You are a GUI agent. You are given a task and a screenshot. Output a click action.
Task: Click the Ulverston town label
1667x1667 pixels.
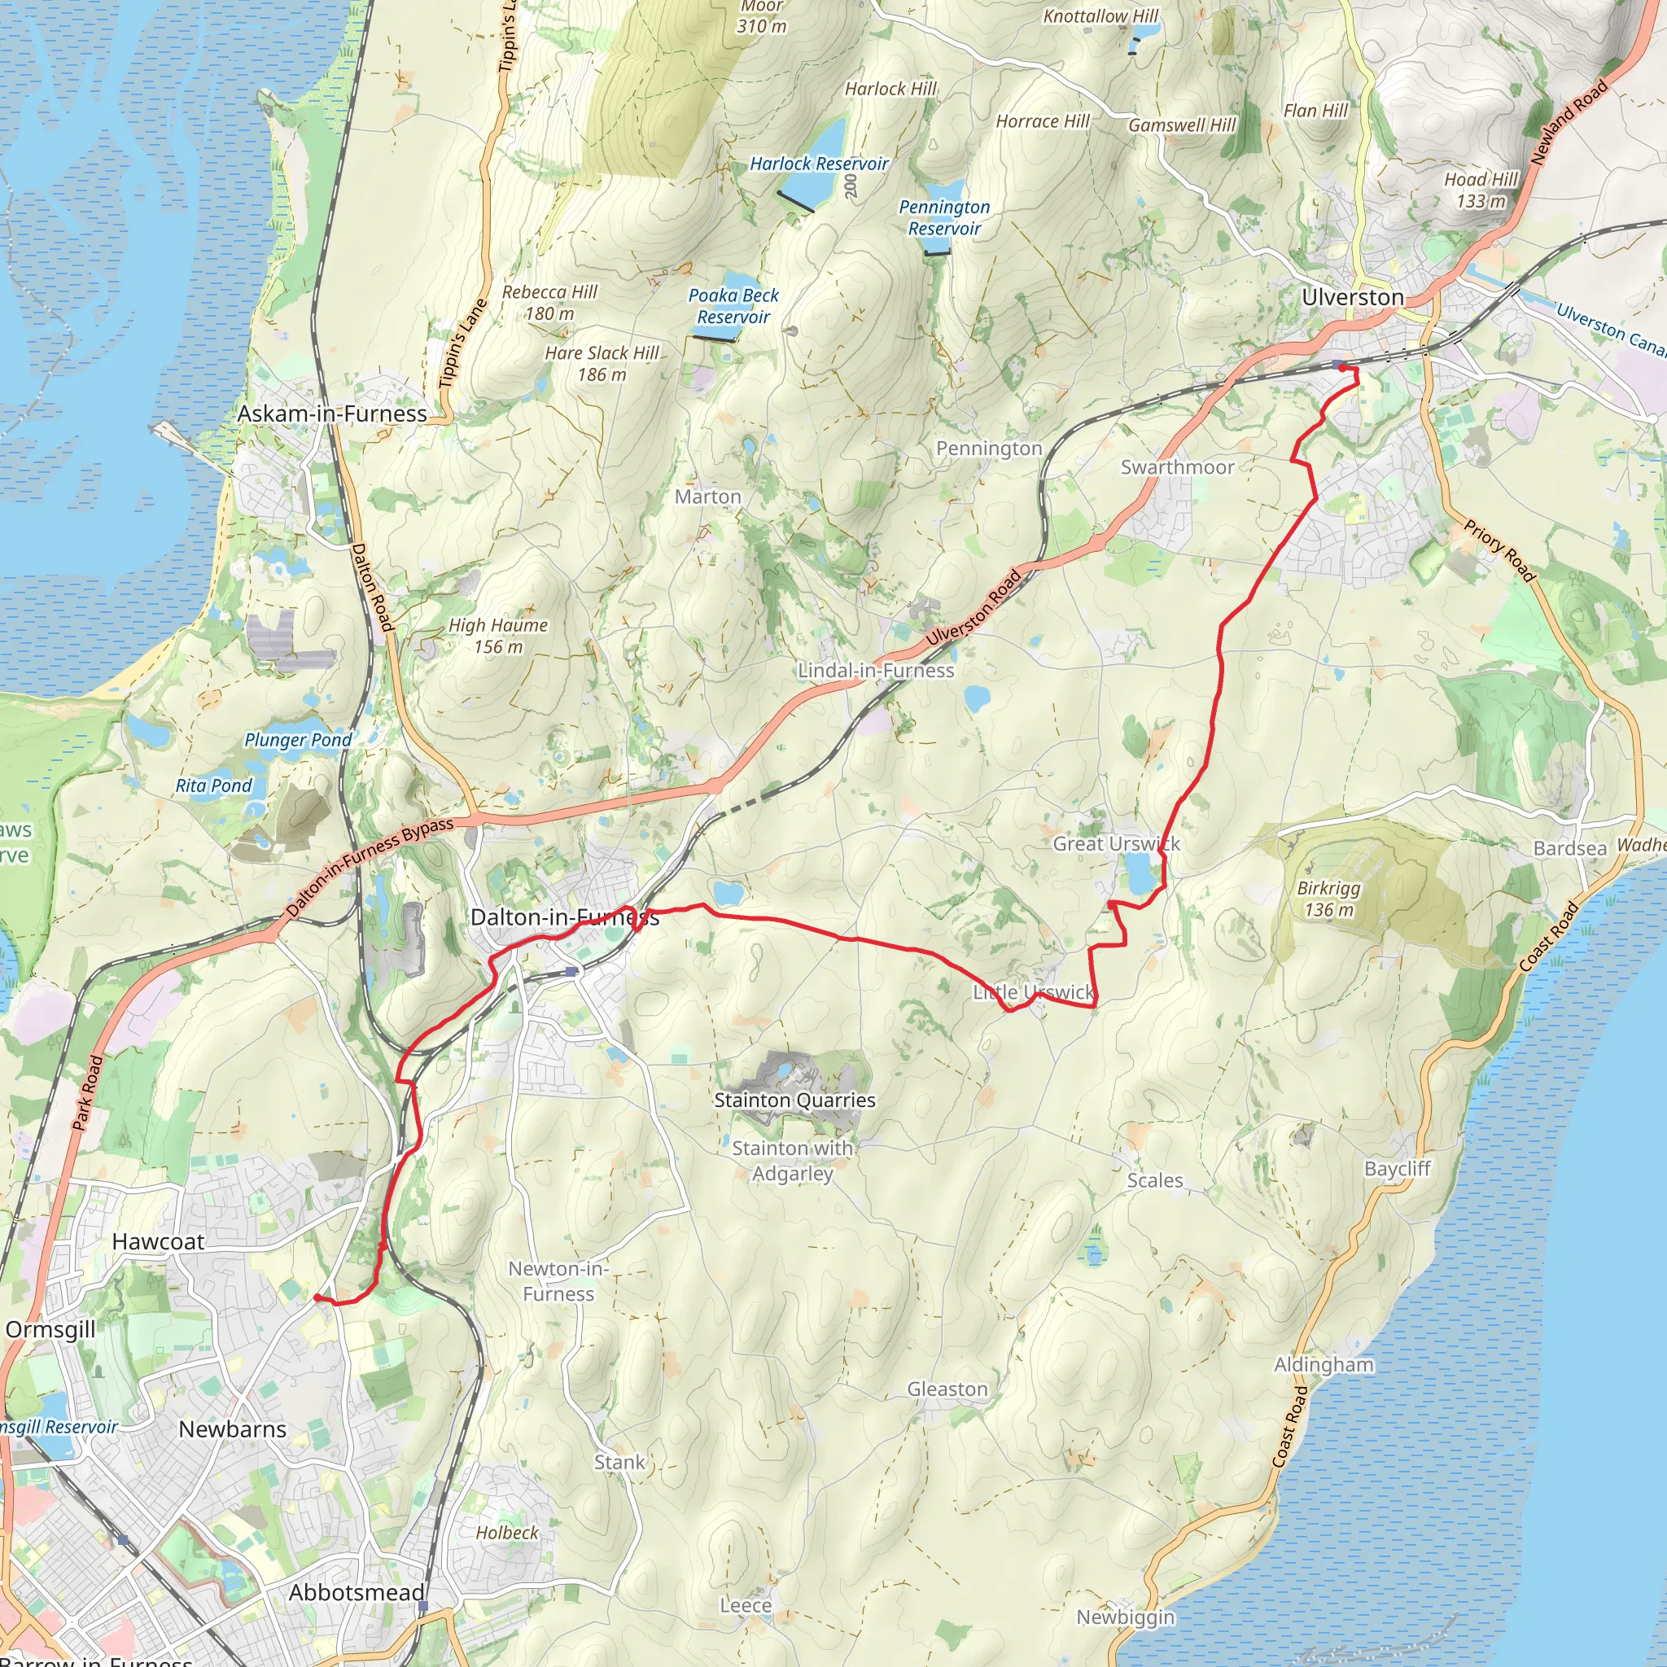pyautogui.click(x=1352, y=297)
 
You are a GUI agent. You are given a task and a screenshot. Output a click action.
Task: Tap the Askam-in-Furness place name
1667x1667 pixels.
pyautogui.click(x=332, y=414)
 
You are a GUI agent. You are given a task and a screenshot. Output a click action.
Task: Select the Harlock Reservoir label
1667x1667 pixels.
pyautogui.click(x=818, y=164)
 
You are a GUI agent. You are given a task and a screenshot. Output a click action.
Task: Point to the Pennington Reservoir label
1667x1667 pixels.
pyautogui.click(x=944, y=217)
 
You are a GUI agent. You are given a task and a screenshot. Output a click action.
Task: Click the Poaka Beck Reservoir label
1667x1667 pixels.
pyautogui.click(x=733, y=306)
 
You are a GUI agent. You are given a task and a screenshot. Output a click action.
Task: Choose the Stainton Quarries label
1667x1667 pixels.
pyautogui.click(x=794, y=1100)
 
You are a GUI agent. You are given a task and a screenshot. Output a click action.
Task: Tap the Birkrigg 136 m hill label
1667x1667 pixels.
pyautogui.click(x=1328, y=899)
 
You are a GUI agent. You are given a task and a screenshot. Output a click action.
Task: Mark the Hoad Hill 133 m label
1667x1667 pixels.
pyautogui.click(x=1481, y=190)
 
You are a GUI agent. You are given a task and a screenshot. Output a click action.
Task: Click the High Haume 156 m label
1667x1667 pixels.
pyautogui.click(x=498, y=636)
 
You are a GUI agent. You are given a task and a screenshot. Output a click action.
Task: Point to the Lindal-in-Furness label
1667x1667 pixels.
pyautogui.click(x=876, y=671)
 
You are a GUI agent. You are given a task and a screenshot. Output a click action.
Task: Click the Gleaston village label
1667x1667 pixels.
pyautogui.click(x=947, y=1389)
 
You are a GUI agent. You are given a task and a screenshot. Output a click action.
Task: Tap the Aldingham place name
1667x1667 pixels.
pyautogui.click(x=1324, y=1364)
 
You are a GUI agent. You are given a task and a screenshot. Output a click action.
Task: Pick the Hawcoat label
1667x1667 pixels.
pyautogui.click(x=158, y=1241)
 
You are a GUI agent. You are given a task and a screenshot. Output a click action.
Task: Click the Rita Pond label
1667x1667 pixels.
pyautogui.click(x=213, y=785)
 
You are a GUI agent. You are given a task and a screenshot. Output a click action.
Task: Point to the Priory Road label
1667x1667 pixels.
pyautogui.click(x=1499, y=550)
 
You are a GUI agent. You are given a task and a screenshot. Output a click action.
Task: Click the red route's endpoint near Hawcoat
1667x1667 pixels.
pyautogui.click(x=317, y=1297)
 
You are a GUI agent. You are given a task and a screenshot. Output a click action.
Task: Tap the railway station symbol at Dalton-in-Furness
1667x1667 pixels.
pyautogui.click(x=571, y=972)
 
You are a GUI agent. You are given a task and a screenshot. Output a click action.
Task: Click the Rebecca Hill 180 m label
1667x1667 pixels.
pyautogui.click(x=549, y=303)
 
